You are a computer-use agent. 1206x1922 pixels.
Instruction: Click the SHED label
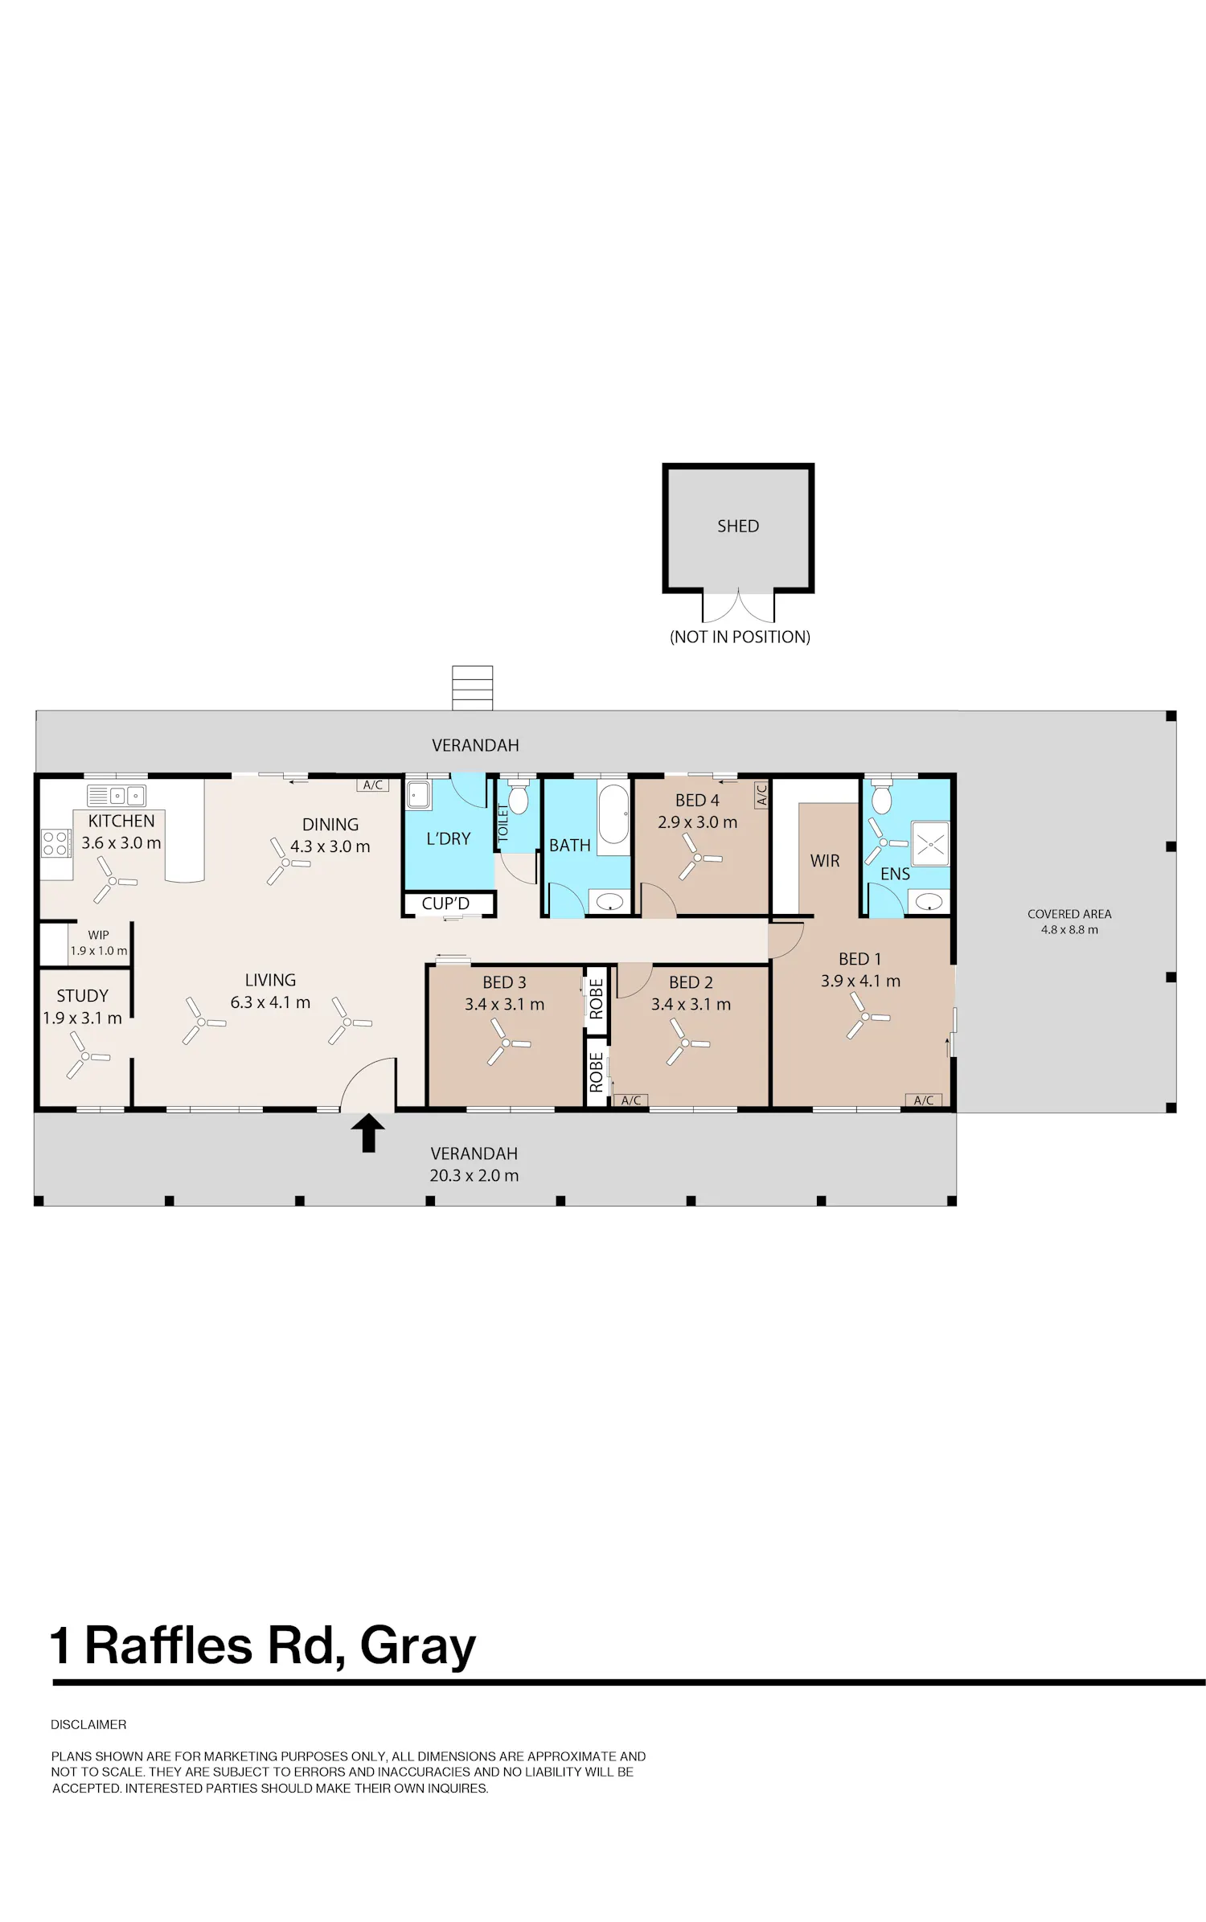737,526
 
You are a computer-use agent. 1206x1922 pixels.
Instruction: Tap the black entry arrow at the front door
367,1133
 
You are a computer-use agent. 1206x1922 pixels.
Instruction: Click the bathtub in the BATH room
613,813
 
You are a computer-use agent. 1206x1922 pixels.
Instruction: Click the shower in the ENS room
929,842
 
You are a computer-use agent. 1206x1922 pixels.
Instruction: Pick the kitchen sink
117,796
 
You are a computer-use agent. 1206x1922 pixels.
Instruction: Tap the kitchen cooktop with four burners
55,843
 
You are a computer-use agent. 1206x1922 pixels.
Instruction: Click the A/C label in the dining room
373,785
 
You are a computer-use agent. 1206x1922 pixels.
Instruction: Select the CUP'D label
445,904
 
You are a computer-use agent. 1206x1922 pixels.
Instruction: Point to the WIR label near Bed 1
825,861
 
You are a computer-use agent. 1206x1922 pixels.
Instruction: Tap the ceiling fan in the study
85,1055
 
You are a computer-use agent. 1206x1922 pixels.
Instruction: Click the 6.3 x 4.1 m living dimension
270,1002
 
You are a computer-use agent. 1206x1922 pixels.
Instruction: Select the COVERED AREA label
1069,914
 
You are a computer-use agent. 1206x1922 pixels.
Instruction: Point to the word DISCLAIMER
88,1725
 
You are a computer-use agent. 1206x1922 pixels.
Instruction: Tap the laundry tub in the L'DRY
419,795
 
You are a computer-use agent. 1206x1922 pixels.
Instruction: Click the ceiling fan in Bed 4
698,857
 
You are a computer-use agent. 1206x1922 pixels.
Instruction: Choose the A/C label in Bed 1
923,1100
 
